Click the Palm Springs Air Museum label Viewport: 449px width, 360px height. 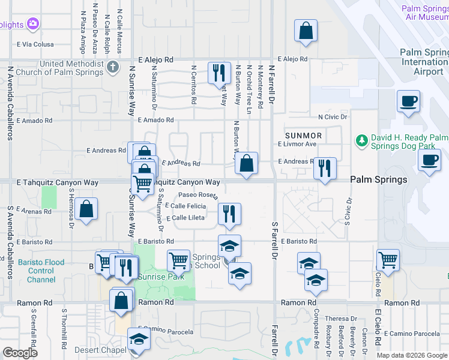[425, 13]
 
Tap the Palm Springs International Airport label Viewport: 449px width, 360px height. [424, 62]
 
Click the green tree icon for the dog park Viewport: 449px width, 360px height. [361, 140]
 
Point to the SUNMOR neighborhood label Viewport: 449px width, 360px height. [303, 136]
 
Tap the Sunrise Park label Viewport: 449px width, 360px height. [153, 277]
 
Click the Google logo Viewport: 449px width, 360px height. [20, 353]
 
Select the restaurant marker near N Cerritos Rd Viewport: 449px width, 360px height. [218, 73]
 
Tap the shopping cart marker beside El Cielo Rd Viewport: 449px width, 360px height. [388, 260]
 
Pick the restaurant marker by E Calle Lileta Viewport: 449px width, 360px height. [229, 213]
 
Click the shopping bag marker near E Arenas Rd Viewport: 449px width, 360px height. [87, 209]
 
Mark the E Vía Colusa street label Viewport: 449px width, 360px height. [35, 44]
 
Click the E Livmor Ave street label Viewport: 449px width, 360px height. [297, 144]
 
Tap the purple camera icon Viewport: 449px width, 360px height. [32, 24]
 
